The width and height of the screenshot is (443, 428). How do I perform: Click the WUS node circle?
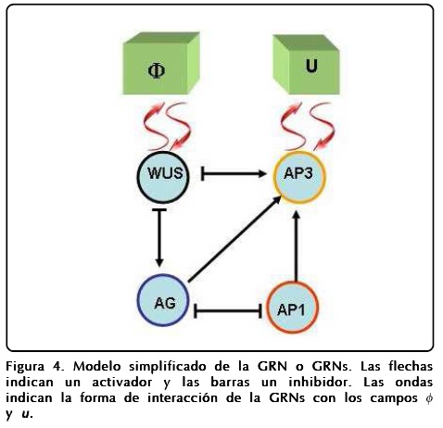coord(161,174)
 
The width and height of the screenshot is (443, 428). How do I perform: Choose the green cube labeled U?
coord(307,67)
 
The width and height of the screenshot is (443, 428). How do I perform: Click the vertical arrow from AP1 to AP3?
coord(296,245)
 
